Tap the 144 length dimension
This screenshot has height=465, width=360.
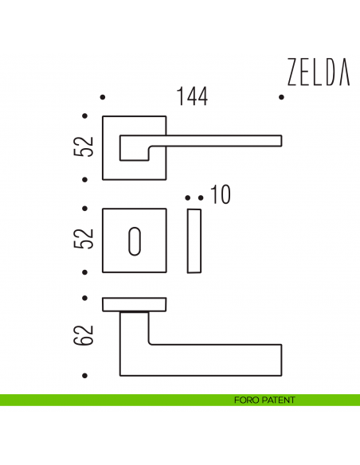192,97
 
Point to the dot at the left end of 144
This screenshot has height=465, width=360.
103,97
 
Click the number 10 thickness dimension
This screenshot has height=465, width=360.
221,195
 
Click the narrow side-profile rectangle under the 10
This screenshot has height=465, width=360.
194,240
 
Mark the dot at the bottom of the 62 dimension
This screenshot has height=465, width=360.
86,373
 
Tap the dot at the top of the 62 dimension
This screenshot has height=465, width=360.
86,299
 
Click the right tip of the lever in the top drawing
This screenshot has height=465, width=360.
279,141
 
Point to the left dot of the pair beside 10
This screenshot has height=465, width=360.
187,197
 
